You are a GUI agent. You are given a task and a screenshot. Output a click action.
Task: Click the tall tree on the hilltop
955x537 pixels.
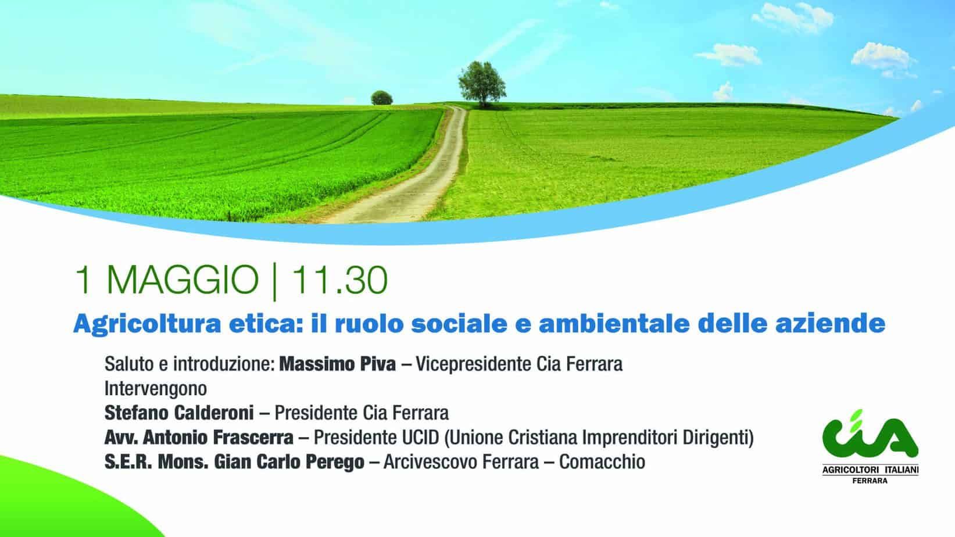(x=482, y=84)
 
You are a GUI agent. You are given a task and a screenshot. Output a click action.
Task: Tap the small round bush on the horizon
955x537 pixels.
(x=381, y=98)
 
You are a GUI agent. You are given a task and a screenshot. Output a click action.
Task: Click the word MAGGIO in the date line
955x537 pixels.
(x=182, y=280)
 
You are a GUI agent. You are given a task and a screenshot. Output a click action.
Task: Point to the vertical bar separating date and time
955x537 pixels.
(x=274, y=282)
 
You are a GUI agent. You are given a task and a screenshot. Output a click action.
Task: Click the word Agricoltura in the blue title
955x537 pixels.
(x=147, y=324)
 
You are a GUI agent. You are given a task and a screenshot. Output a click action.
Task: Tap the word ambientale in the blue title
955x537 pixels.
(x=614, y=324)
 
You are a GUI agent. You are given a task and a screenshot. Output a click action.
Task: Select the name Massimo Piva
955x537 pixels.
(x=337, y=364)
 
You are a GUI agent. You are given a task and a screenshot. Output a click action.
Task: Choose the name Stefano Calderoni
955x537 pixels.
(x=179, y=413)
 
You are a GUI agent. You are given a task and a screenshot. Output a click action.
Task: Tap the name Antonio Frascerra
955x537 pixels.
(x=218, y=438)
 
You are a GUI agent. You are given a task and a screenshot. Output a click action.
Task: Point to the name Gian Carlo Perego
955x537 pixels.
(x=289, y=462)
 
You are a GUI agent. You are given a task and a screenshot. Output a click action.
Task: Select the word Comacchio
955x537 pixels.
(x=602, y=462)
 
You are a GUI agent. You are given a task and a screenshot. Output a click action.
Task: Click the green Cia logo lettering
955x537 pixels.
(x=870, y=435)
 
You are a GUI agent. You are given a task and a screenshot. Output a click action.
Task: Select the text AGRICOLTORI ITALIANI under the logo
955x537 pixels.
(x=870, y=470)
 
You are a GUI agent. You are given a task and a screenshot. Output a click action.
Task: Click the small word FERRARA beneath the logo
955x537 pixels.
(x=870, y=481)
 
